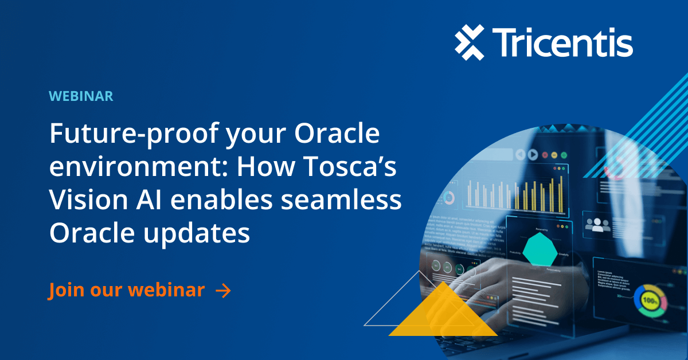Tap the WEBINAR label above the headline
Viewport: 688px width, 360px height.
point(81,96)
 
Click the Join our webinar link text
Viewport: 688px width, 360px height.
point(127,290)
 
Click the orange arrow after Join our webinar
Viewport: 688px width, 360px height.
point(223,291)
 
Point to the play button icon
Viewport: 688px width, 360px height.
point(533,154)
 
